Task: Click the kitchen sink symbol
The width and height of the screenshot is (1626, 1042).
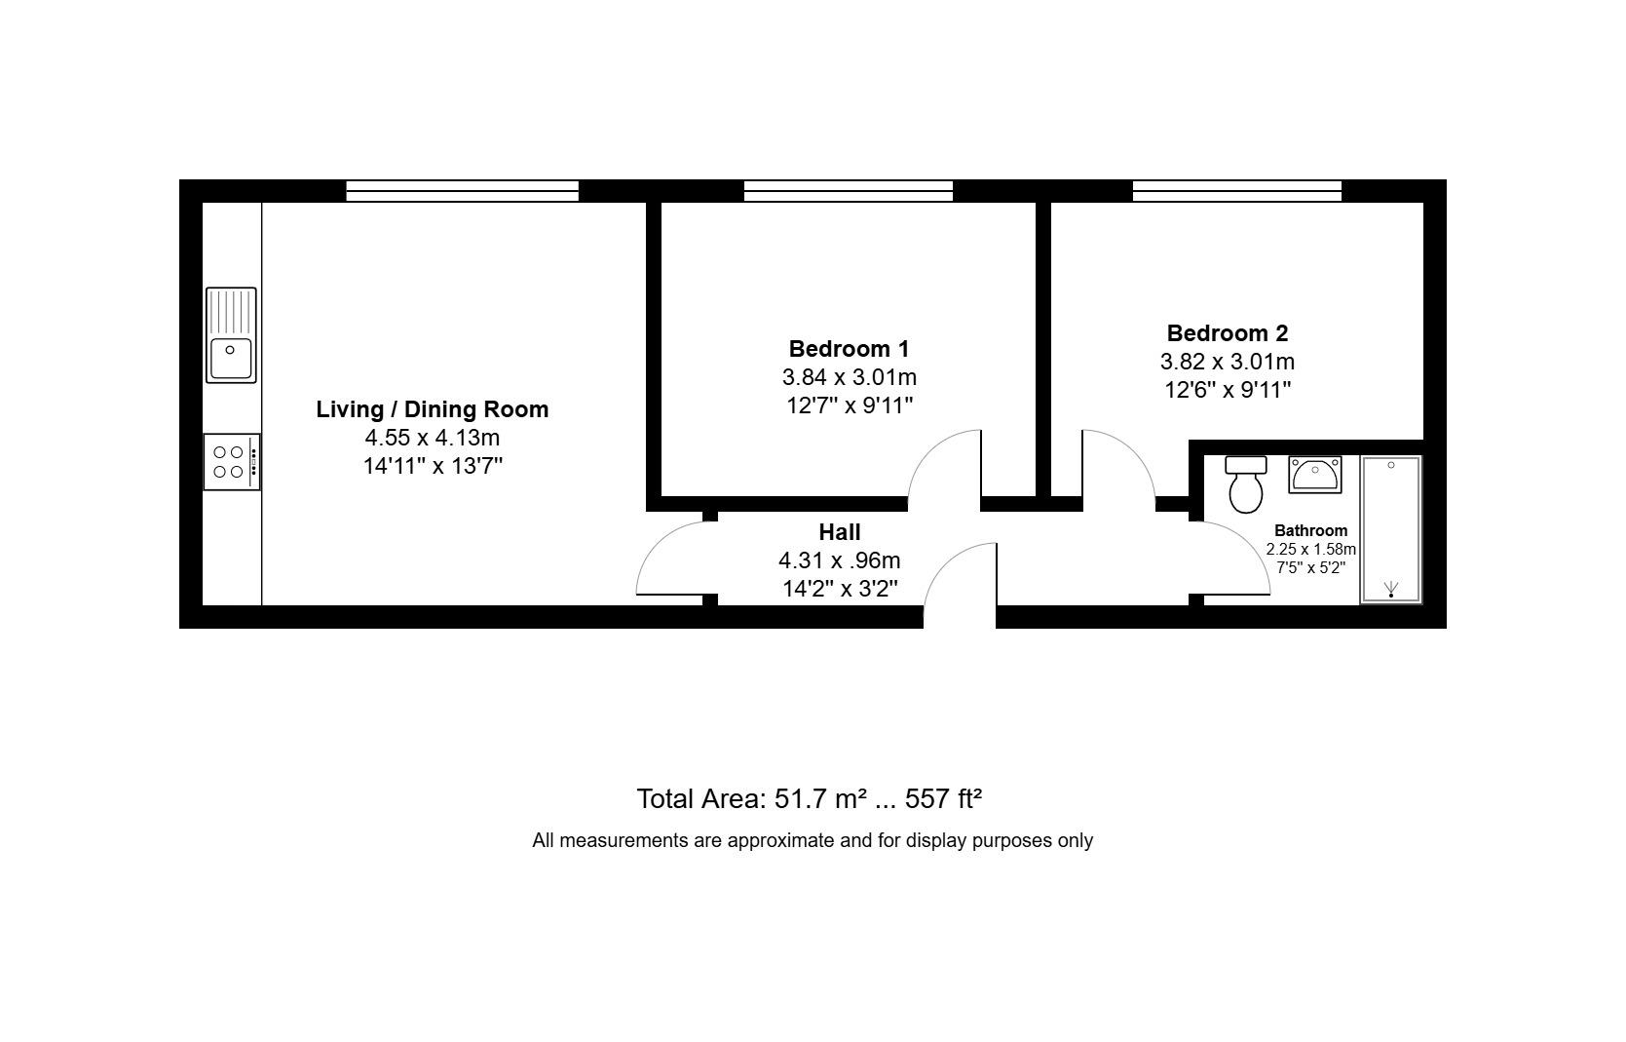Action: tap(231, 334)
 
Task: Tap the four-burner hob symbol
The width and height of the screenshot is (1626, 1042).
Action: tap(231, 462)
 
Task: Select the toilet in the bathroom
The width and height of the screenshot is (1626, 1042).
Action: tap(1246, 483)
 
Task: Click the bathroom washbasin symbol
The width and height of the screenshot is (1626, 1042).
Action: tap(1314, 475)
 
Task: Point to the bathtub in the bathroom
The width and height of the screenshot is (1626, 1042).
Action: tap(1390, 529)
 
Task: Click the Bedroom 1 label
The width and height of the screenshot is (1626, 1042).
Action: tap(849, 348)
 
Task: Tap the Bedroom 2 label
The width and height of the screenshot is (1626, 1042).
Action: tap(1227, 333)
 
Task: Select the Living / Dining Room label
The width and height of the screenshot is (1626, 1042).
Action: tap(432, 409)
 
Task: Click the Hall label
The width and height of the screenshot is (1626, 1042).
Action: tap(839, 532)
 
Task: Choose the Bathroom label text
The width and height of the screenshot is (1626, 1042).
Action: tap(1310, 530)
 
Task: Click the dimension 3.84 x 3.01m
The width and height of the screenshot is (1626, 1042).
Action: tap(849, 377)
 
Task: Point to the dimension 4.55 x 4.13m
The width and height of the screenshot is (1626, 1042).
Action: tap(432, 438)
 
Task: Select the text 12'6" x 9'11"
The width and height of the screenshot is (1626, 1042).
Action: tap(1227, 390)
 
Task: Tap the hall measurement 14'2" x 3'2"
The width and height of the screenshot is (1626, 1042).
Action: tap(839, 589)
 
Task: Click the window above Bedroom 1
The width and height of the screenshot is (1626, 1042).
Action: tap(848, 191)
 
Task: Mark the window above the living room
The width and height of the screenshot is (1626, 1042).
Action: tap(462, 191)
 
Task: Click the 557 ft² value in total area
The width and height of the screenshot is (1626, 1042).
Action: tap(943, 799)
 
